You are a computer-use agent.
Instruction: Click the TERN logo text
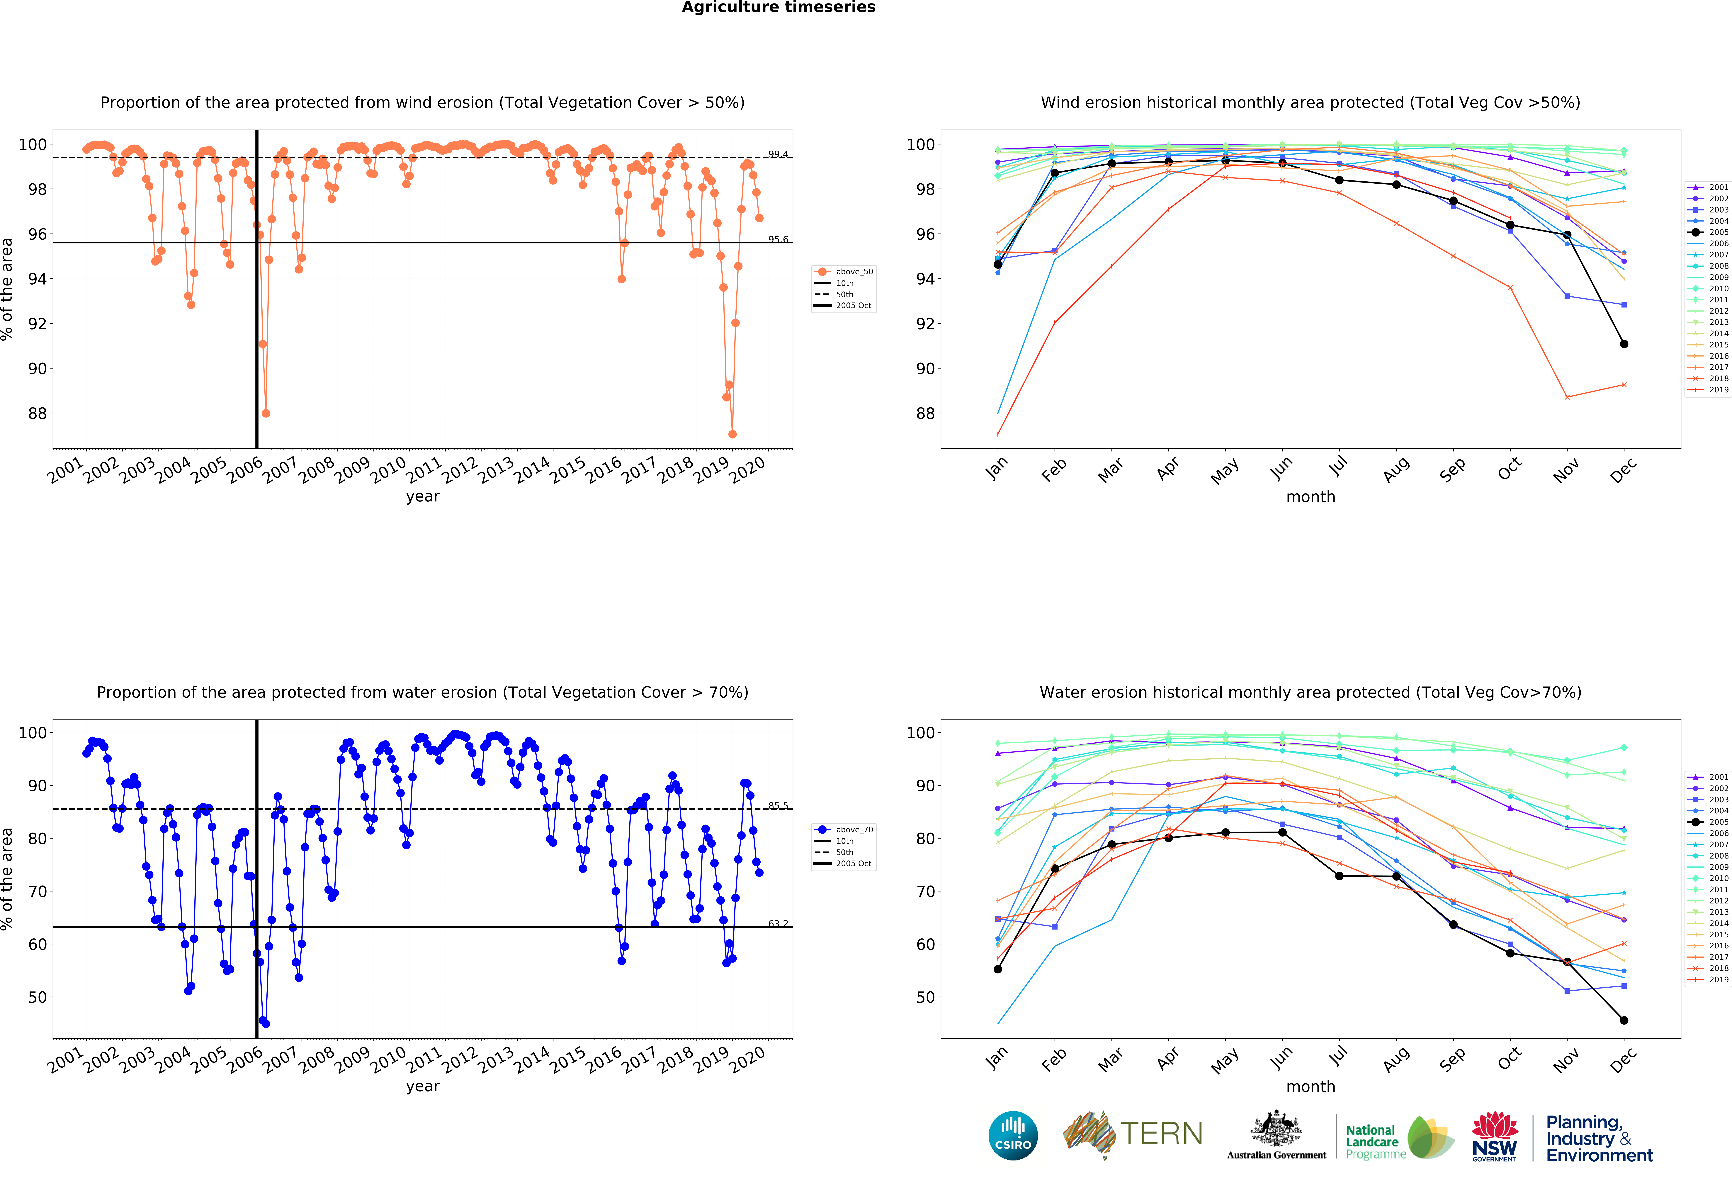pyautogui.click(x=1161, y=1134)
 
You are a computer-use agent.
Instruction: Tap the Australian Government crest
pyautogui.click(x=1277, y=1130)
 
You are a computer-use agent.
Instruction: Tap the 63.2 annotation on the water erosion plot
pyautogui.click(x=778, y=924)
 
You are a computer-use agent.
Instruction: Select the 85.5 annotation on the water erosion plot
pyautogui.click(x=778, y=806)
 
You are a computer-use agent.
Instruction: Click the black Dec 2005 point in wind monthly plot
pyautogui.click(x=1624, y=344)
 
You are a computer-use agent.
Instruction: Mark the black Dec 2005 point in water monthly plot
pyautogui.click(x=1624, y=1020)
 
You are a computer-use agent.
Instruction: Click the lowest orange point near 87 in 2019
pyautogui.click(x=733, y=434)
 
